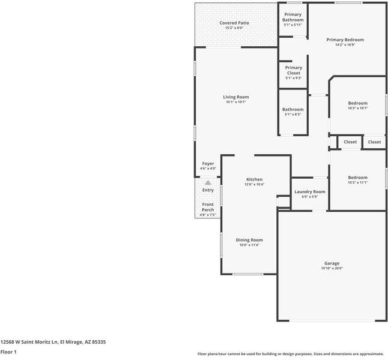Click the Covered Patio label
(234, 23)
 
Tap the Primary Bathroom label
(293, 17)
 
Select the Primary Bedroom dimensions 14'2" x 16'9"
(345, 45)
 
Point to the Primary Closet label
(293, 70)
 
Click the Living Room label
(236, 97)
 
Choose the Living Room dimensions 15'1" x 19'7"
(236, 102)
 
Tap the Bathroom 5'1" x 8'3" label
(293, 110)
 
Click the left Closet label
(350, 142)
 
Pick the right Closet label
(374, 142)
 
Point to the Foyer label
(208, 163)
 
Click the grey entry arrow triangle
(208, 182)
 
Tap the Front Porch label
(208, 207)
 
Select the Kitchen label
(254, 179)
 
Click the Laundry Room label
(310, 192)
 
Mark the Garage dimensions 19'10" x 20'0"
(332, 268)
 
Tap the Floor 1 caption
(8, 352)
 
